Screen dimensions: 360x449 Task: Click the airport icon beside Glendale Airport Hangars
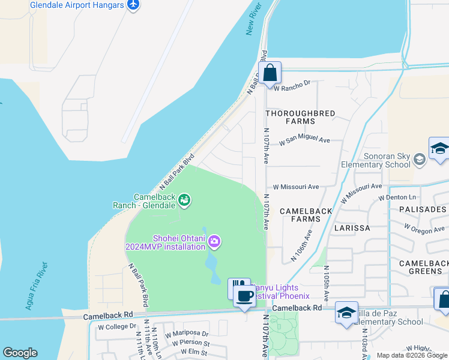133,5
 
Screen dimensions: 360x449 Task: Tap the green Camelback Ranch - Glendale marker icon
185,200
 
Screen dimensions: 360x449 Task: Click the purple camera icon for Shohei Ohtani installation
215,242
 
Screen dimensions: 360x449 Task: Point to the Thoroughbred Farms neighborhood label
290,117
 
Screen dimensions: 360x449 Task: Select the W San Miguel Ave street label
305,141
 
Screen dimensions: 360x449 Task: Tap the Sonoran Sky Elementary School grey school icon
419,158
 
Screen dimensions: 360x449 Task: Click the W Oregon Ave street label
424,229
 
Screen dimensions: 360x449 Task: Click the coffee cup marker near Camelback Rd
244,296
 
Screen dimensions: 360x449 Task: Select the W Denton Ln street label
397,197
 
